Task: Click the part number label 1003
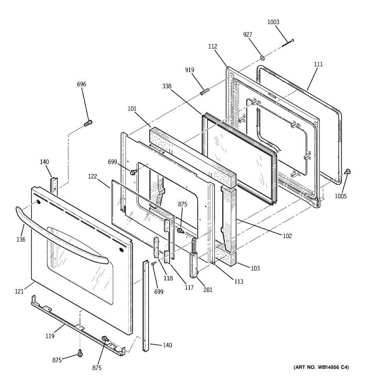(x=273, y=22)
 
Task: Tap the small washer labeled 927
(x=262, y=58)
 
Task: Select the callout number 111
(x=318, y=64)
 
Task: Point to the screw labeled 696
(x=88, y=123)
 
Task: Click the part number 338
(x=167, y=86)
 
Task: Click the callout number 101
(x=132, y=109)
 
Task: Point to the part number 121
(x=19, y=292)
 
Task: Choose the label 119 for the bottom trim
(x=50, y=336)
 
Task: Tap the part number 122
(x=93, y=176)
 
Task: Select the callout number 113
(x=238, y=282)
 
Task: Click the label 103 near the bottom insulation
(x=255, y=268)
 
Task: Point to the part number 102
(x=287, y=236)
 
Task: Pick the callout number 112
(x=213, y=47)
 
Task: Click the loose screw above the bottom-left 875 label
(x=80, y=353)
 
